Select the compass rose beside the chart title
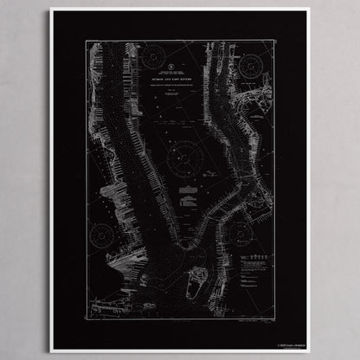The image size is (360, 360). click(153, 59)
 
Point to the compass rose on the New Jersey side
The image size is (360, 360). click(101, 235)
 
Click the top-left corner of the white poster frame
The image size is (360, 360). click(50, 10)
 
